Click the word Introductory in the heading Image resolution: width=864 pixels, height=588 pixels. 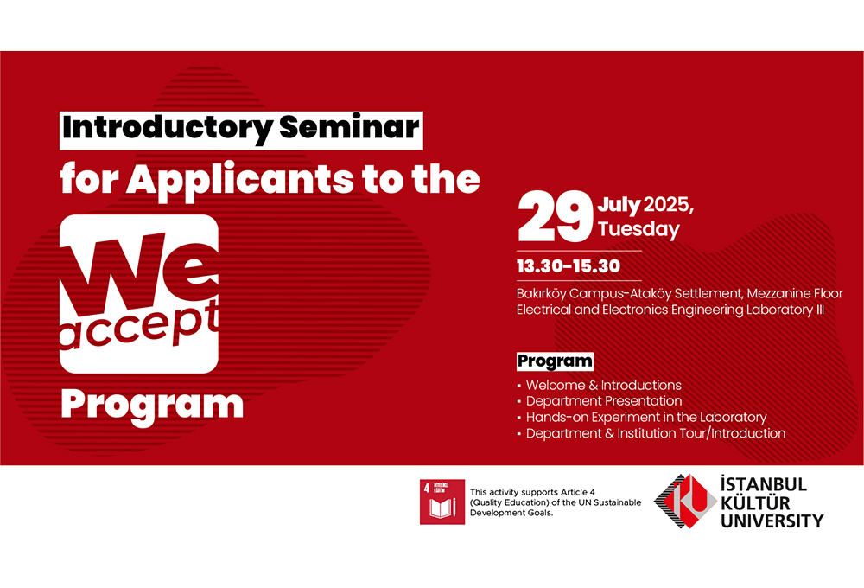[167, 130]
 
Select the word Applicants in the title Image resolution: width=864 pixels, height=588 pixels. [239, 181]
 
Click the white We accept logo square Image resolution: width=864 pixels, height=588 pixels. [139, 294]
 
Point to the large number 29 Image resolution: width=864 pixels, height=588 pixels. [555, 217]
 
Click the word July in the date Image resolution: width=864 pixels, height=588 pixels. [619, 205]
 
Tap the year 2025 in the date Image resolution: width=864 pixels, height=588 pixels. [666, 205]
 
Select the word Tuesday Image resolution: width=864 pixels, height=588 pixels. [638, 229]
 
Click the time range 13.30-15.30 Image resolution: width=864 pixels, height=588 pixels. [569, 266]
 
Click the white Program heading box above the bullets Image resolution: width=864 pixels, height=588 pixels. [555, 361]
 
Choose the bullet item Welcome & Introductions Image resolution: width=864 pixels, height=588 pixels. [604, 385]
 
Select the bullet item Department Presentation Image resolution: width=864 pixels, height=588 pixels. [604, 401]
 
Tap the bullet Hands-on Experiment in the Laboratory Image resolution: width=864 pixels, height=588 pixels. [646, 417]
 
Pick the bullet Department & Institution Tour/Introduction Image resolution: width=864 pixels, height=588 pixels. [656, 433]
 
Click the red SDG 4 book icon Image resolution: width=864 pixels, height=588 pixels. [442, 502]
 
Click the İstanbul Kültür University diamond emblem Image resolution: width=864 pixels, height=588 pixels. [685, 502]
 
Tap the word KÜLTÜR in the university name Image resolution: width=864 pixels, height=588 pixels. [755, 503]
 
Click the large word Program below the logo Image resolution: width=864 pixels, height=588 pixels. [152, 406]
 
